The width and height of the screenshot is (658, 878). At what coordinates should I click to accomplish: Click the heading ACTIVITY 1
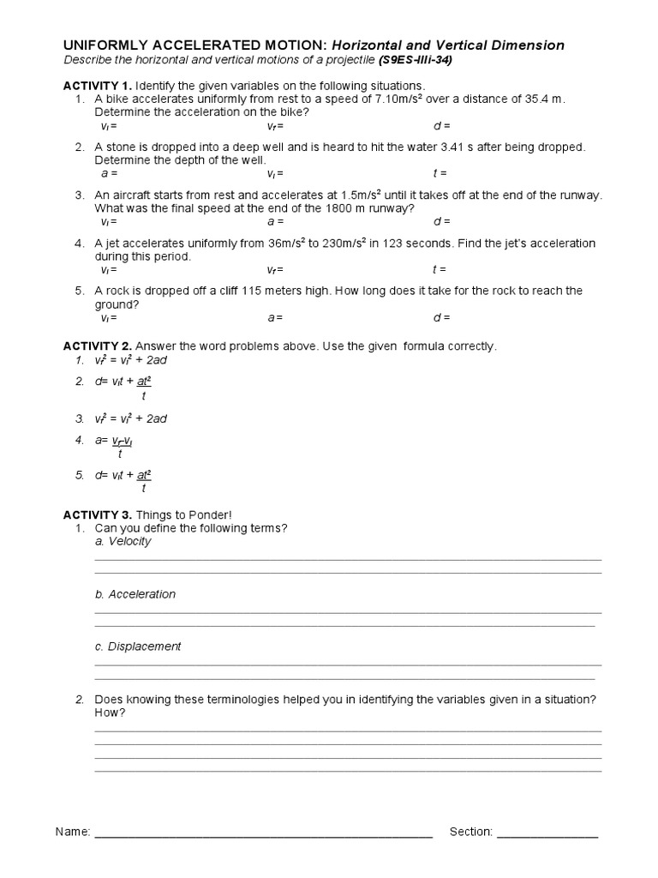[97, 86]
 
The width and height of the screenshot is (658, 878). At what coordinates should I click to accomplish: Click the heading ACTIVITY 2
[97, 346]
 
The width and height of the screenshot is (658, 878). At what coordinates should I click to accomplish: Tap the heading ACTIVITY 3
[97, 514]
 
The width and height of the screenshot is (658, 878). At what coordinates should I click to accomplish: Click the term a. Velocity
[123, 541]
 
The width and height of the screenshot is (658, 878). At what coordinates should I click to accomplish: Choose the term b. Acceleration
[135, 594]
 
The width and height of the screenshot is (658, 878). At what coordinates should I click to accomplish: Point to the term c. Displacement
[137, 646]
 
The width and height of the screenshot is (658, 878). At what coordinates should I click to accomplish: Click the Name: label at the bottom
[73, 832]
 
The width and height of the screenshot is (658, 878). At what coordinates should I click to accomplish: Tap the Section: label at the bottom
[471, 832]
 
